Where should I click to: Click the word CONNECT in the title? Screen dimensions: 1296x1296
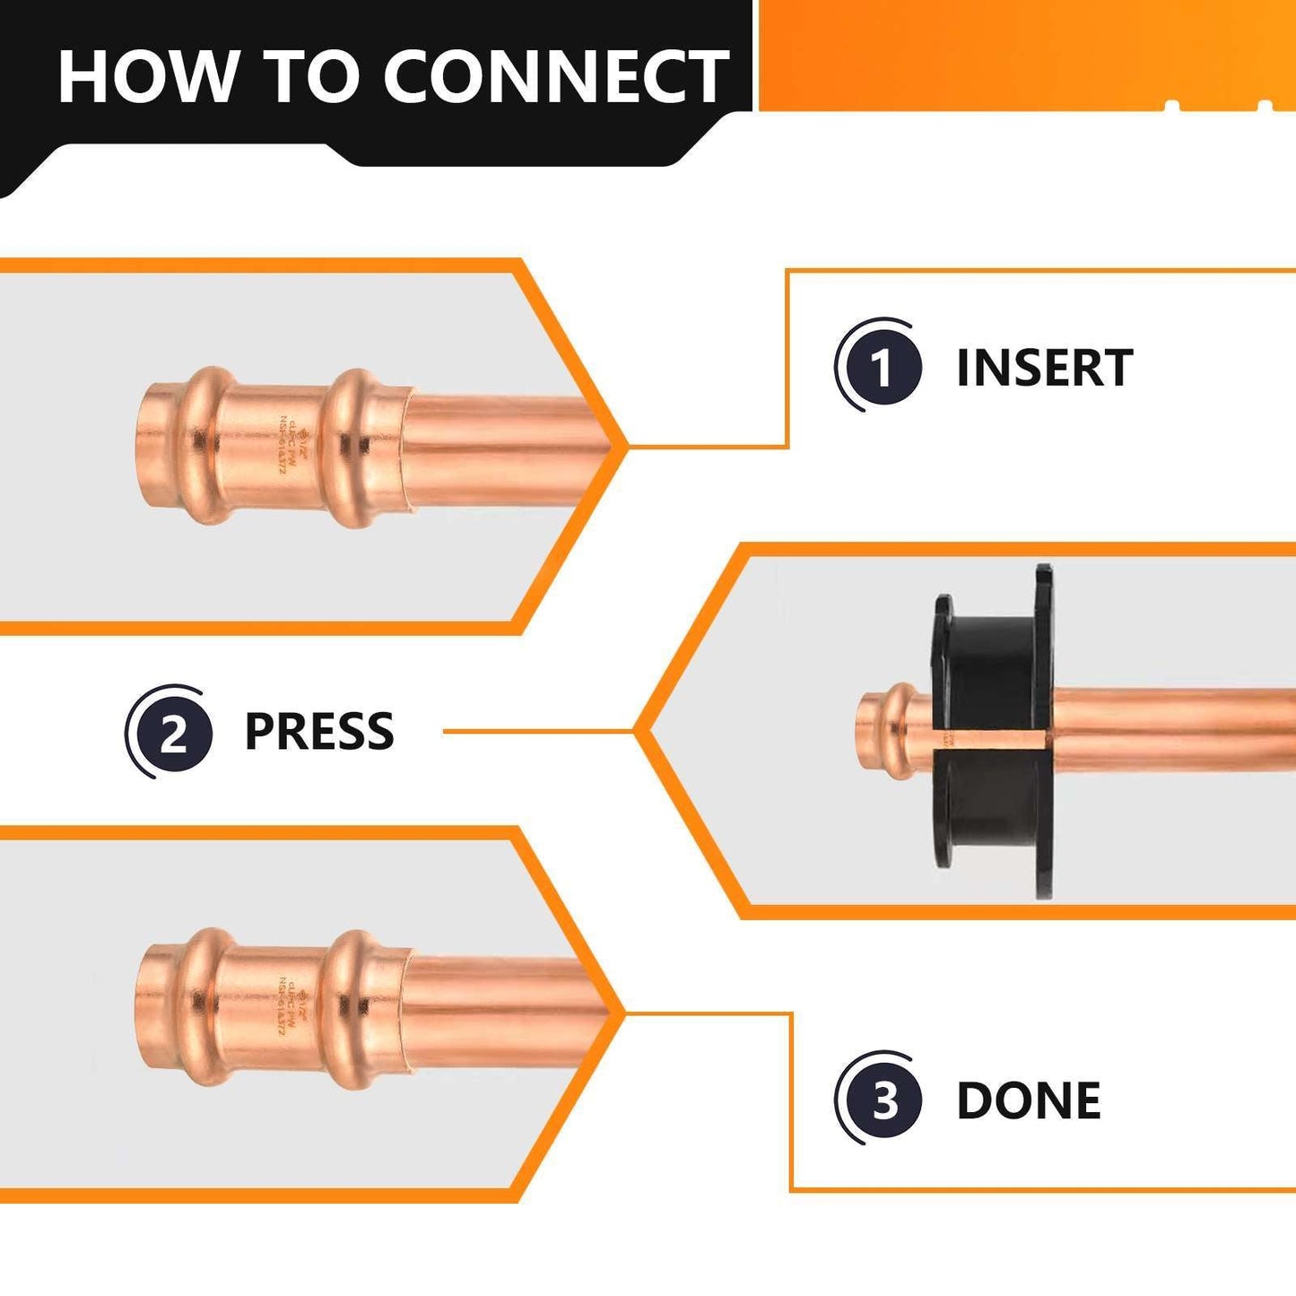556,77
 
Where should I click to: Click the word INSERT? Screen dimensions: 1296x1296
1044,368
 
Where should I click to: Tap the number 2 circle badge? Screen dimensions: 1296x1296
172,733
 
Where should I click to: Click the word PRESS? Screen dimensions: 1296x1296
318,732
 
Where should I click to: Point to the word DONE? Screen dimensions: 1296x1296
1028,1100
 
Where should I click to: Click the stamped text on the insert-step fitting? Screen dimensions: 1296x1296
289,447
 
